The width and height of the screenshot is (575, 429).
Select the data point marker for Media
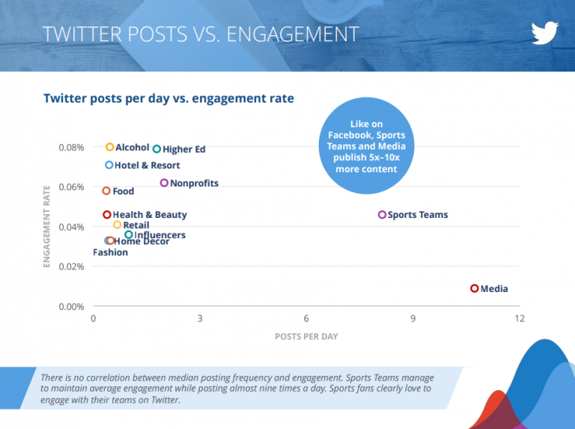(x=474, y=288)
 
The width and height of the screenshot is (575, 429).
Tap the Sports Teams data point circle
(x=382, y=215)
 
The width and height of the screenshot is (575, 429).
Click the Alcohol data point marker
(x=109, y=147)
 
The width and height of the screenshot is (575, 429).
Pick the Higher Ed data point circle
(x=156, y=149)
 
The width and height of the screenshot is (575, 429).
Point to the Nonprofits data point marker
(x=164, y=183)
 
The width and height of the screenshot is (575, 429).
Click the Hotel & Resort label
(x=147, y=165)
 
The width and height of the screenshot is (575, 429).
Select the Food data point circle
(x=106, y=191)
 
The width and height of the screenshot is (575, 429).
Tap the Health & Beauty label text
(x=150, y=215)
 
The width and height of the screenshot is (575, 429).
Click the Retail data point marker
(x=117, y=225)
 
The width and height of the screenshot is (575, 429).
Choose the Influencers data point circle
(x=128, y=235)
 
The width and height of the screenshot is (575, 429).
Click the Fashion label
(x=110, y=252)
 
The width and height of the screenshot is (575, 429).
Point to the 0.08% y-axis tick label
(x=71, y=147)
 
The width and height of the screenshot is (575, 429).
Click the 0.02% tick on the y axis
(x=71, y=267)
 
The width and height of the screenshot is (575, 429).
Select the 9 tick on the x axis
(x=413, y=318)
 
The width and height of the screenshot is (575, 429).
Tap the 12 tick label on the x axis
(x=519, y=318)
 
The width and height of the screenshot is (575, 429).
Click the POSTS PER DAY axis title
(x=306, y=336)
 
